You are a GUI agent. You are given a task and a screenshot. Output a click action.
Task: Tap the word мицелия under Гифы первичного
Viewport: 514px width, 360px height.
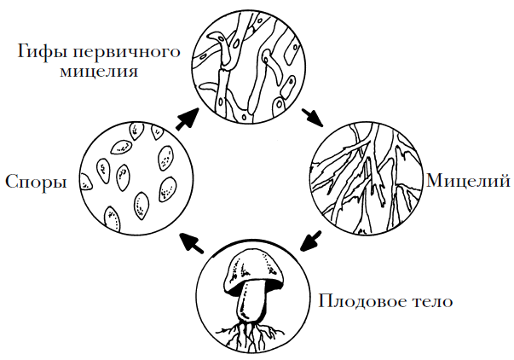99,72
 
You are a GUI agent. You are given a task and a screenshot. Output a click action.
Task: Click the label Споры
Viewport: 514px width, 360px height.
36,182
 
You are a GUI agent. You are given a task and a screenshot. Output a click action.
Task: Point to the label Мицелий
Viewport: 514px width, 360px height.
468,180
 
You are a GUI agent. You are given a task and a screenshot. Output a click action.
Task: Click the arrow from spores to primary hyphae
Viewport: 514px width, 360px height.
188,119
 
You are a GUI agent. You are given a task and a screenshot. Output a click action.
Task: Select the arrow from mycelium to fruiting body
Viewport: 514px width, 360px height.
310,241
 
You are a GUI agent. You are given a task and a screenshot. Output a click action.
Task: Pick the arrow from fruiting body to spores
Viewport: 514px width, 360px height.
192,242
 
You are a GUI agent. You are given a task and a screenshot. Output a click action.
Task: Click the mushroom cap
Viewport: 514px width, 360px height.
252,270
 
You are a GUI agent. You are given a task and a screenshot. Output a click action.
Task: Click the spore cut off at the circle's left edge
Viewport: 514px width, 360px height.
86,182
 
